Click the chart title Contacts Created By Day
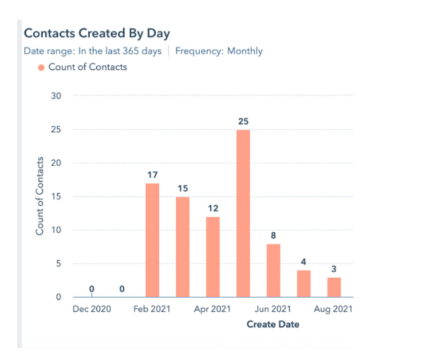coord(96,33)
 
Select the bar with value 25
coord(243,213)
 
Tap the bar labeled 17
coord(152,240)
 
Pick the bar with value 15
coord(183,247)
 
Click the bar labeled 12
coord(213,256)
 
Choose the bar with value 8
coord(273,270)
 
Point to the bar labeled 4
coord(304,284)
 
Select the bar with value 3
coord(334,287)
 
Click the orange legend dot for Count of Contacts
coord(41,67)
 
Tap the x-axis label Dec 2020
coord(91,309)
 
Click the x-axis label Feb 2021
coord(152,309)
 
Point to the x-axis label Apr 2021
coord(212,309)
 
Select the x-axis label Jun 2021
coord(273,309)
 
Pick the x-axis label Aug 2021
coord(333,309)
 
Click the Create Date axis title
coord(272,324)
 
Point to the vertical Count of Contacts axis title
coord(40,196)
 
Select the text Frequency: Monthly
coord(219,51)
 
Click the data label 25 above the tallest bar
coord(243,121)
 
